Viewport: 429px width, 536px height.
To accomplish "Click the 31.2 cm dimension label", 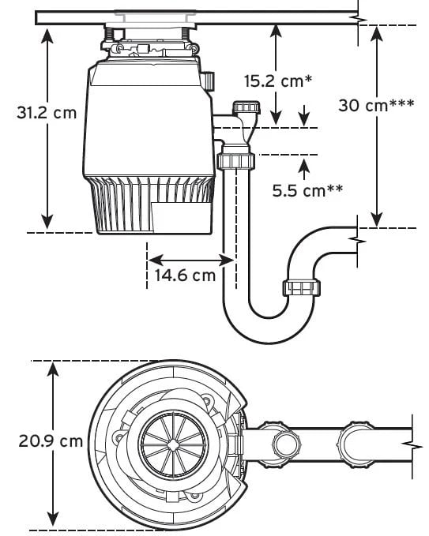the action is tap(47, 113).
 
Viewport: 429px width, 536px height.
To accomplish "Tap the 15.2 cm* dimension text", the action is tap(278, 81).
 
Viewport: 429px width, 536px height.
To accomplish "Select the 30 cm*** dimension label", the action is tap(376, 105).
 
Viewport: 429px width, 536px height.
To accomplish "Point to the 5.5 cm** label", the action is tap(307, 190).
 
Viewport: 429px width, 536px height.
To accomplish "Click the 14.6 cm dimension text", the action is tap(185, 275).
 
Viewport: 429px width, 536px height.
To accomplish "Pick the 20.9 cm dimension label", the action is tap(51, 441).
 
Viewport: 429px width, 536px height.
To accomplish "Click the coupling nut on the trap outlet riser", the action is tap(301, 288).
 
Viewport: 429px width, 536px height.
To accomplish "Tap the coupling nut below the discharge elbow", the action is tap(236, 161).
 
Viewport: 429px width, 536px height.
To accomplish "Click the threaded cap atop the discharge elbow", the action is tap(246, 107).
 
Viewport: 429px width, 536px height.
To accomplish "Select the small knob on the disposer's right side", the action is tap(209, 81).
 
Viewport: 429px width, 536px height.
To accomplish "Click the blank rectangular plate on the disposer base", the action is tap(181, 218).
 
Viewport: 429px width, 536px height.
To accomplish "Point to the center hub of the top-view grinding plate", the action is tap(173, 444).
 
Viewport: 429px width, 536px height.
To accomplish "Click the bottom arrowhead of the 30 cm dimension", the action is tap(377, 219).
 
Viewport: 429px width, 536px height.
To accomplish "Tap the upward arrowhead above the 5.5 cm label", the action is tap(304, 167).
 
